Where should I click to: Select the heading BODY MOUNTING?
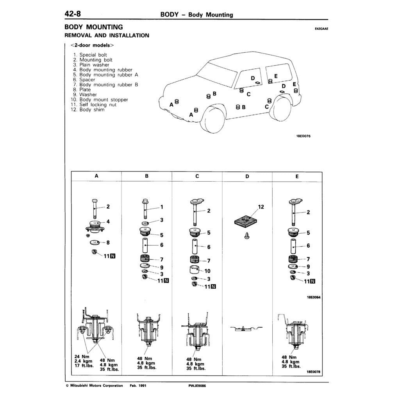(93, 27)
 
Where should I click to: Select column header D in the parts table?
(247, 176)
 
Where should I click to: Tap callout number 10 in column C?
(207, 271)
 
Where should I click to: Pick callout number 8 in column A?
(108, 242)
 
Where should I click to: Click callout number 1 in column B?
(161, 207)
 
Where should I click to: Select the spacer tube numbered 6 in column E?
(294, 246)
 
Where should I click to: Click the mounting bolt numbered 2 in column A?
(95, 209)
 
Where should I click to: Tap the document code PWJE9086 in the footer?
(197, 386)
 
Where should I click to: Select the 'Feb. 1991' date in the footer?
(138, 386)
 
